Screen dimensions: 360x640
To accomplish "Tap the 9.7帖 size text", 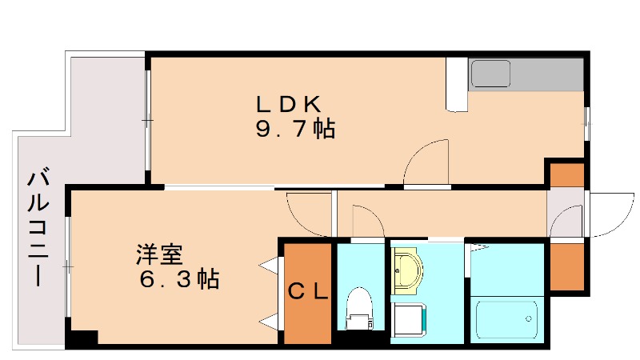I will tap(294, 130).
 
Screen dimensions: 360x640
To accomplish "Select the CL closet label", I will tap(308, 293).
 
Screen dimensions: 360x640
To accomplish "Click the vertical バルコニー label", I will tap(37, 228).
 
